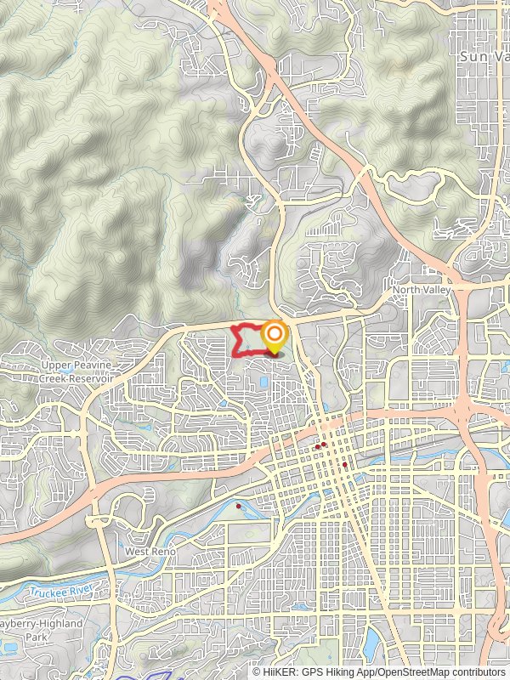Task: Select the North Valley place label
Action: click(419, 291)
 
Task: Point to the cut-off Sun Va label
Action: click(483, 54)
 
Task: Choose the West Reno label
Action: click(150, 552)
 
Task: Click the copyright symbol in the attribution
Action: click(257, 671)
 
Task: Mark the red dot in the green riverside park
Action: click(239, 507)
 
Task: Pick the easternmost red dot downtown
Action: click(344, 465)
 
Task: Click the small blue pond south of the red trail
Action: click(263, 383)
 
